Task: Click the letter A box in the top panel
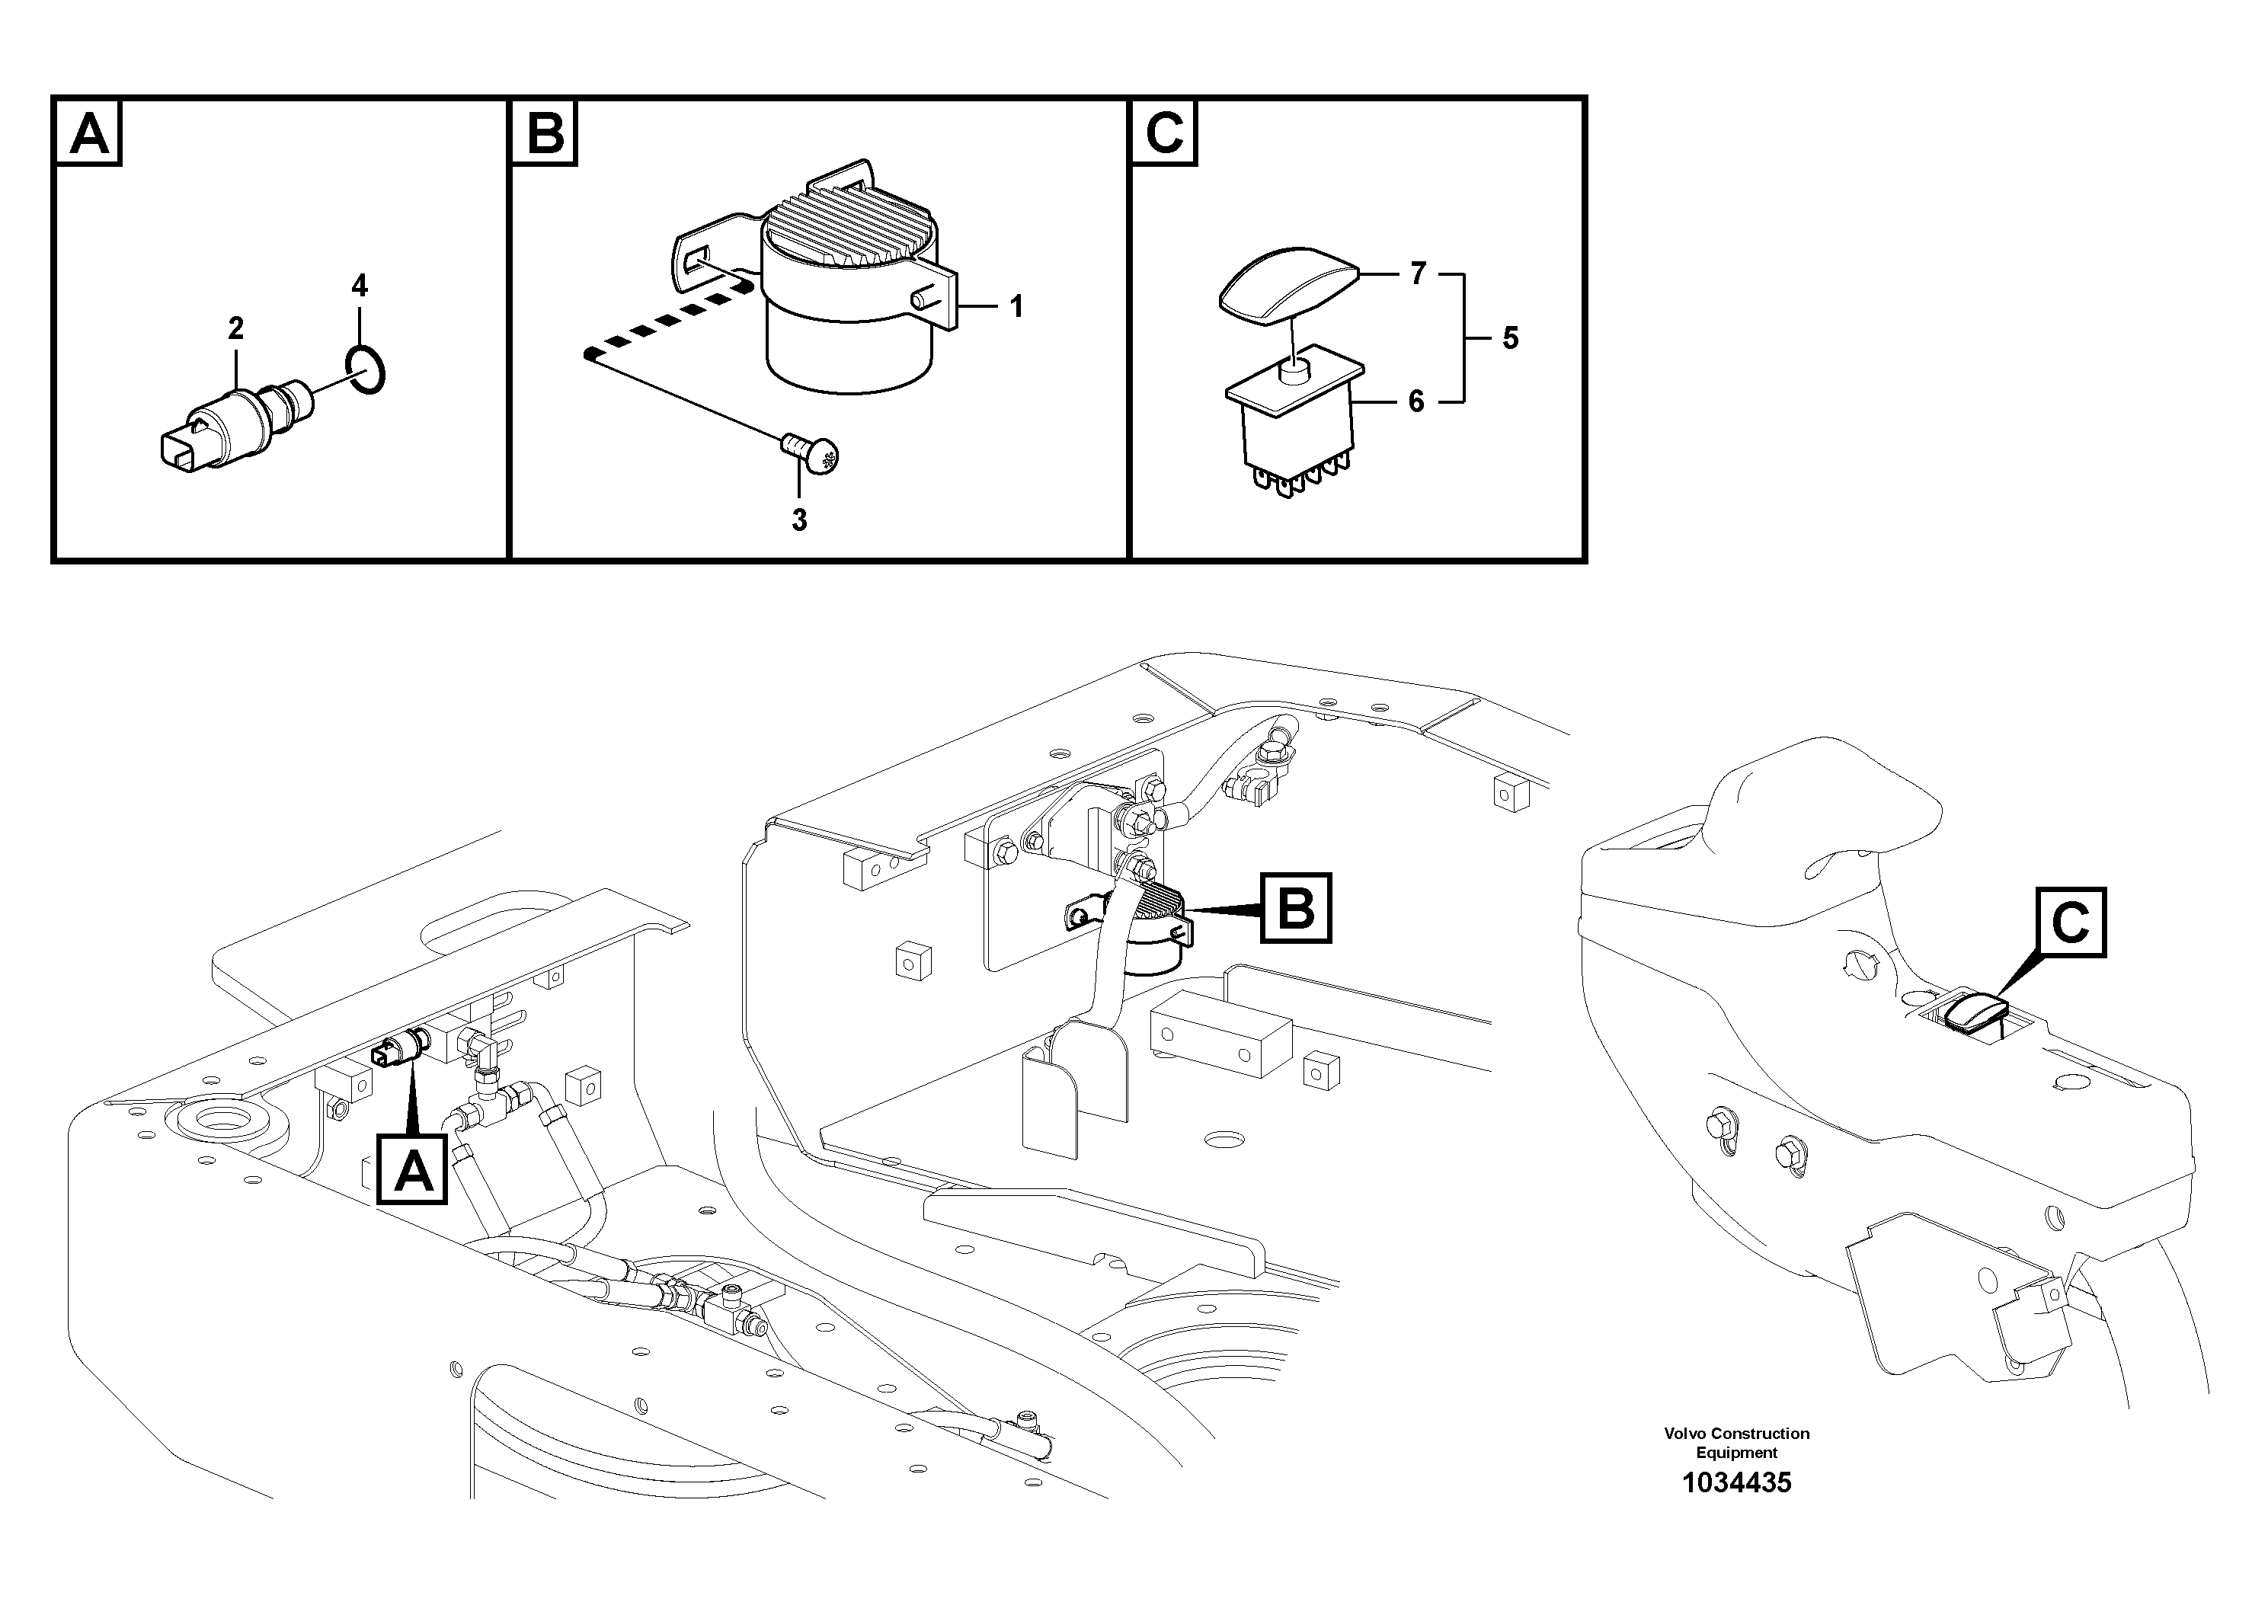[x=89, y=133]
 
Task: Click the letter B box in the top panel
[x=544, y=133]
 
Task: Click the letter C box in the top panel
[x=1163, y=133]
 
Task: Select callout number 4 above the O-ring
[x=360, y=286]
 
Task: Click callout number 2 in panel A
[x=235, y=328]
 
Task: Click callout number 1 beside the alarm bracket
[x=1016, y=307]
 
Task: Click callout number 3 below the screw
[x=799, y=520]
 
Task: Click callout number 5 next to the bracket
[x=1509, y=339]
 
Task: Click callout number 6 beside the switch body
[x=1416, y=402]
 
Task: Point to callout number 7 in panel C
[x=1418, y=273]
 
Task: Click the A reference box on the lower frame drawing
[x=413, y=1172]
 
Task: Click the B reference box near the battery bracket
[x=1295, y=907]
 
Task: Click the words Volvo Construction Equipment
[x=1735, y=1443]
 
